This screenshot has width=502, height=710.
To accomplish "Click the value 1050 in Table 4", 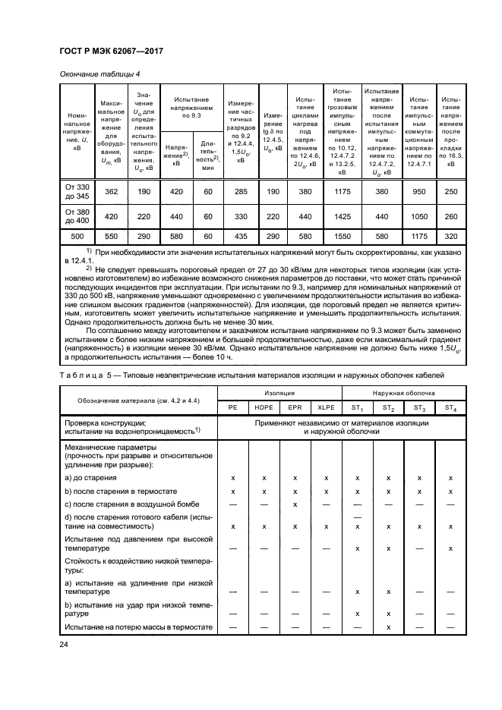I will [418, 215].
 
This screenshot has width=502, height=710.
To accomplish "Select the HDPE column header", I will [264, 407].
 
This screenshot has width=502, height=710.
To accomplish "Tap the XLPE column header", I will [326, 407].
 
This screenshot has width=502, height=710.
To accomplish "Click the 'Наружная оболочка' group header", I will [403, 393].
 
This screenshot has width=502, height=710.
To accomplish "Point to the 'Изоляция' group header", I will [279, 393].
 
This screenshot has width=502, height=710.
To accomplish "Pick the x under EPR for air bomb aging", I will [295, 504].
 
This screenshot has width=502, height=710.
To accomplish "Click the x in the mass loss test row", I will [388, 627].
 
